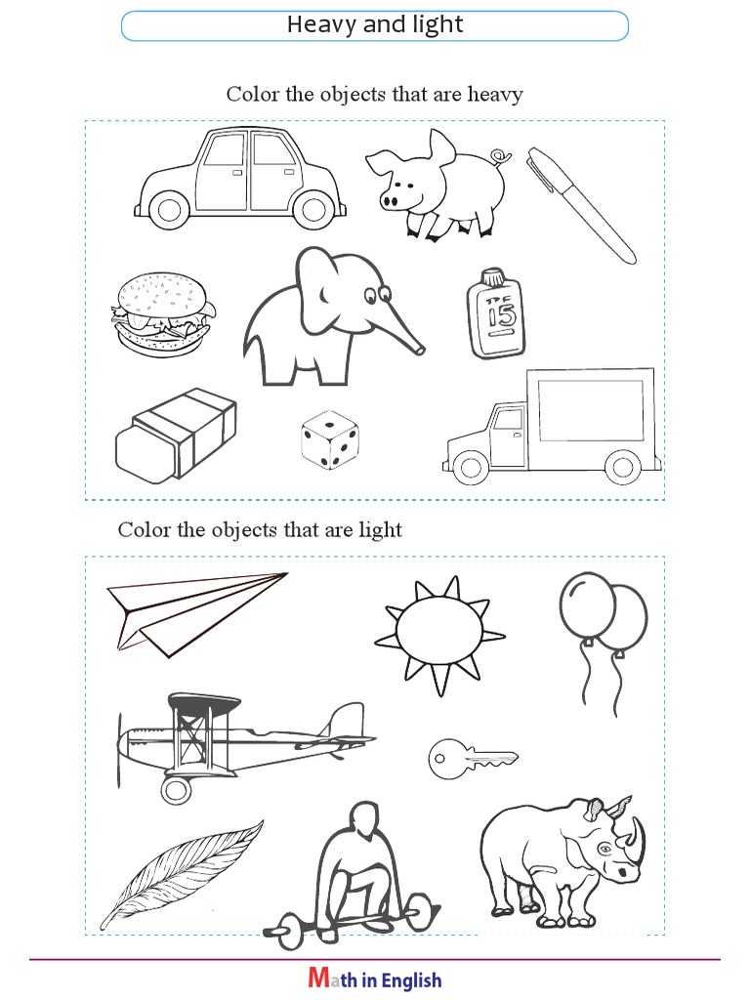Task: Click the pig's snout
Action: click(390, 201)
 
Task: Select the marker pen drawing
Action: click(580, 205)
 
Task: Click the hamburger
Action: click(163, 314)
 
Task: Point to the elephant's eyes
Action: click(377, 295)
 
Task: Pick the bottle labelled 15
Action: click(496, 313)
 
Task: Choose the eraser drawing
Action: click(176, 435)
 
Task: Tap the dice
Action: click(330, 440)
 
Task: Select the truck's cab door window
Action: click(508, 420)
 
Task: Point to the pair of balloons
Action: click(604, 643)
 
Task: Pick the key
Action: click(473, 759)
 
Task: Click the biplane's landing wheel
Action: click(176, 791)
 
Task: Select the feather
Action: click(181, 875)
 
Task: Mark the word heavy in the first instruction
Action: click(495, 95)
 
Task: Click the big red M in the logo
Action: click(319, 978)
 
